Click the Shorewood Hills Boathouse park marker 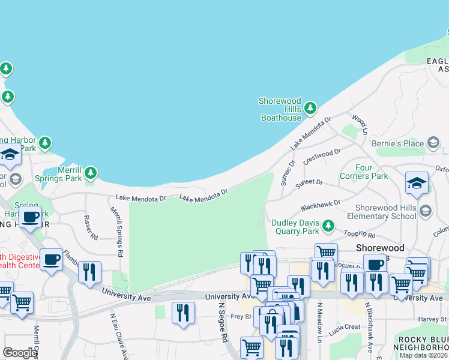[x=310, y=109]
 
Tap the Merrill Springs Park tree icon [x=91, y=173]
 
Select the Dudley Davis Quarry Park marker [x=328, y=226]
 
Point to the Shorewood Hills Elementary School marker [x=426, y=211]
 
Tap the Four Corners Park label [x=372, y=172]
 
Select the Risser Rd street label [x=91, y=227]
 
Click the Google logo [x=19, y=353]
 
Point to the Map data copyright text [x=423, y=355]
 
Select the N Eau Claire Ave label [x=118, y=333]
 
